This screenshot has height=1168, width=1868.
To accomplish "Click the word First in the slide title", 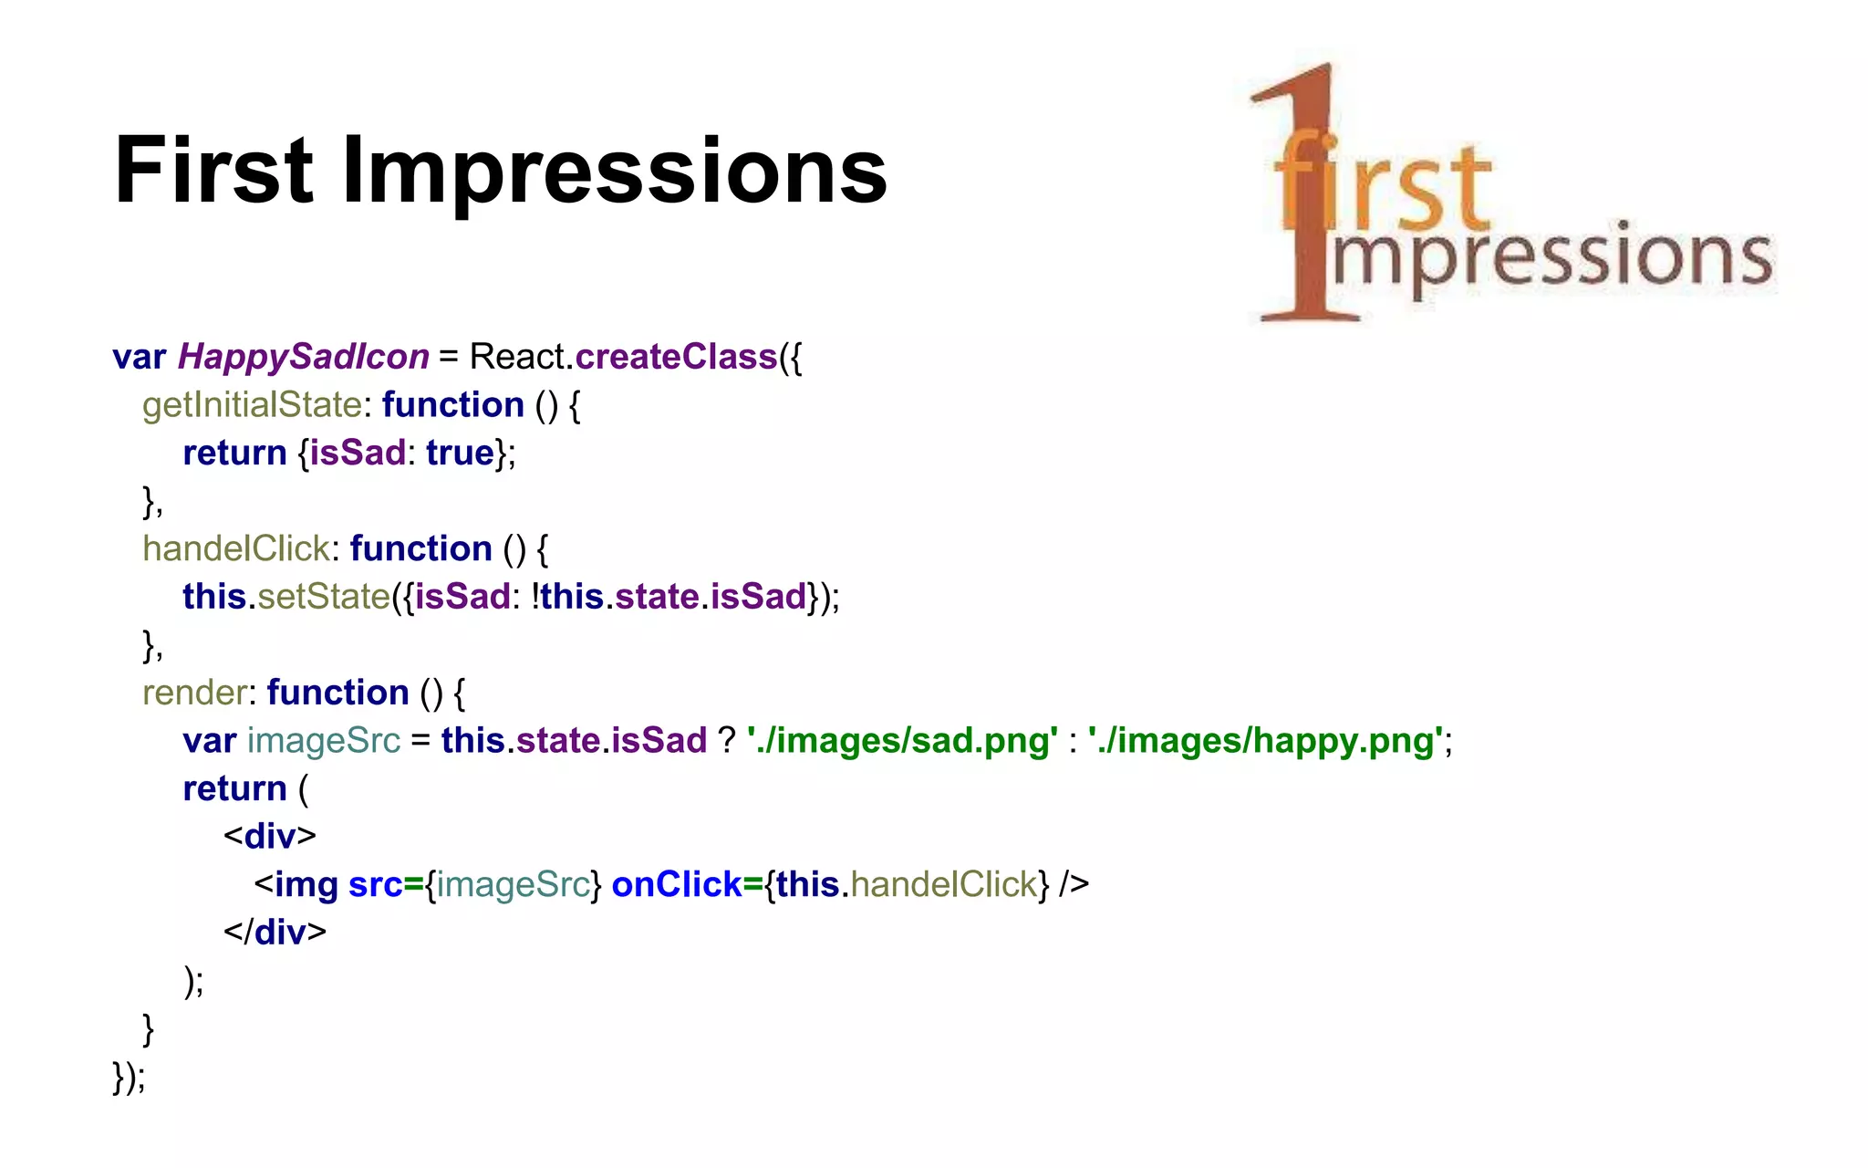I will click(213, 171).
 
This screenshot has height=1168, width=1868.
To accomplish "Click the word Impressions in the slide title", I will click(614, 171).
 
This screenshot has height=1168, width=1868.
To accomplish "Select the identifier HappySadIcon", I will click(303, 357).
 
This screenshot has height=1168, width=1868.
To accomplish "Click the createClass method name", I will click(676, 357).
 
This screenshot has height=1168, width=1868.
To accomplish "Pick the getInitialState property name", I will click(252, 405).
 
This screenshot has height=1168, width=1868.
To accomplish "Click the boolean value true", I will click(460, 453).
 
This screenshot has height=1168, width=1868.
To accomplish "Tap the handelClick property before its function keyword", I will click(235, 548).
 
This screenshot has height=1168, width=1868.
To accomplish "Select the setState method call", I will click(324, 597).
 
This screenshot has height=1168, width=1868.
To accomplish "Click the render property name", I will click(194, 693).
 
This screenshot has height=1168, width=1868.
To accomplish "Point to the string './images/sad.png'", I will click(902, 740).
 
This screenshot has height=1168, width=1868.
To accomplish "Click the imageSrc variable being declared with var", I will click(324, 740).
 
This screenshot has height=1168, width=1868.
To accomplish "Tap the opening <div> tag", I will click(270, 836).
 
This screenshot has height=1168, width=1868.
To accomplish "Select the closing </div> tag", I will click(275, 932).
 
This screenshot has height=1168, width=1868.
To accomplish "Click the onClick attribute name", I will click(677, 884).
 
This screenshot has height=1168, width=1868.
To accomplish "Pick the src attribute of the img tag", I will click(375, 884).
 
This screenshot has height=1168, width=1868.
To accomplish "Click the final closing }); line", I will click(129, 1077).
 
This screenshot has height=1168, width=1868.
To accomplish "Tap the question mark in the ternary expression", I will click(726, 740).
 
